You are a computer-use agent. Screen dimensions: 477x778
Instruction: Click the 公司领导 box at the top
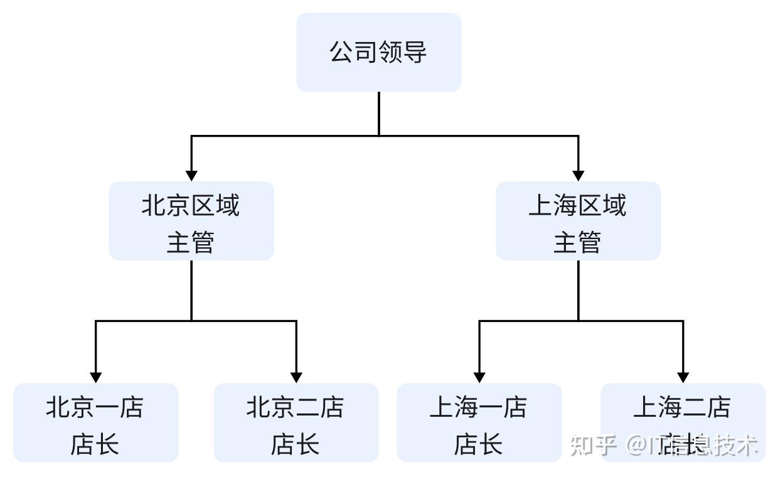pos(378,52)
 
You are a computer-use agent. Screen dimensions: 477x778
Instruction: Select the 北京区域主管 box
pos(191,221)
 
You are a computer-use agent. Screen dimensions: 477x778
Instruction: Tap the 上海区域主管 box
pos(578,221)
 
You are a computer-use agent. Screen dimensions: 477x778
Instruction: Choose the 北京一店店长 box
pos(95,422)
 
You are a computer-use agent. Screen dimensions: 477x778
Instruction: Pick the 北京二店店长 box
pos(296,422)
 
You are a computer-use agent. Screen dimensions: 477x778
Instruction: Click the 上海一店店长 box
pos(479,422)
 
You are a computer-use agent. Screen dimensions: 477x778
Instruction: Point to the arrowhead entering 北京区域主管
pos(191,175)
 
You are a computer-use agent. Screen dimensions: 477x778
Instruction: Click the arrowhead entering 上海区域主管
pos(578,175)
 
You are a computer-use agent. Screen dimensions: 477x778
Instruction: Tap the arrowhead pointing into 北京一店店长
pos(95,377)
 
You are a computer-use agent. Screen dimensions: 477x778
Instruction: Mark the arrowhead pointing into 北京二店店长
pos(296,377)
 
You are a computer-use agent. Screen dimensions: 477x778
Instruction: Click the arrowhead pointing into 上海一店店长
pos(479,377)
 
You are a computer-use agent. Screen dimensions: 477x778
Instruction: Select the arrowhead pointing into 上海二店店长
pos(683,377)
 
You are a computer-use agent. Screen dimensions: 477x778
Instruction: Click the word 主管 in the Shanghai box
pos(577,242)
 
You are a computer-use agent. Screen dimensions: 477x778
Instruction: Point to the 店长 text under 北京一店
pos(95,444)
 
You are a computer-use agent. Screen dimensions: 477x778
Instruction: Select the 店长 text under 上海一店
pos(478,444)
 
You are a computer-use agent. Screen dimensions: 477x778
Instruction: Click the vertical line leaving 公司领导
pos(379,113)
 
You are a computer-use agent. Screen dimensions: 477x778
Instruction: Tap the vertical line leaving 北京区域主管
pos(191,290)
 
